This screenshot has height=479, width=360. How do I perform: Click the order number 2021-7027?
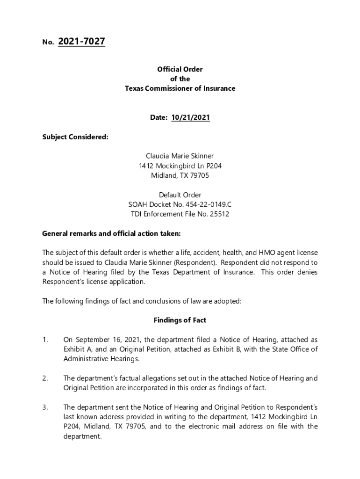coord(81,42)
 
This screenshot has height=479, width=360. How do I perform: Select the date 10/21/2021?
coord(190,118)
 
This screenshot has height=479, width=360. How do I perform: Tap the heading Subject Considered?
coord(75,137)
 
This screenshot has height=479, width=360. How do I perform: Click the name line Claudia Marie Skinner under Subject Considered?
coord(180,156)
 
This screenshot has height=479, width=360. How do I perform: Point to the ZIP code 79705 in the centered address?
coord(200,176)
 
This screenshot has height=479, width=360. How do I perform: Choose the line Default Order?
coord(180,195)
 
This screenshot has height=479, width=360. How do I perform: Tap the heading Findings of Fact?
coord(180,320)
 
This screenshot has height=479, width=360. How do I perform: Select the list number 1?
coord(45,340)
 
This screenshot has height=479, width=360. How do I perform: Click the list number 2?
coord(45,378)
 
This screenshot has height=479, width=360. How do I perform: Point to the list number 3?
coord(45,407)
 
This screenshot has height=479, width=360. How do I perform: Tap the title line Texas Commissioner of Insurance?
coord(180,88)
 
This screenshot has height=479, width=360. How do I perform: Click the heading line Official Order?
coord(180,69)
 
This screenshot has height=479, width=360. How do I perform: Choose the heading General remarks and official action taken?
coord(111,233)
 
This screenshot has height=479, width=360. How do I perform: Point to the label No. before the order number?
coord(48,43)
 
